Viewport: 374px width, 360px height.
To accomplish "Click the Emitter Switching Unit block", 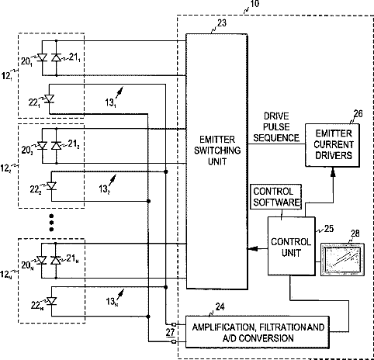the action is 216,161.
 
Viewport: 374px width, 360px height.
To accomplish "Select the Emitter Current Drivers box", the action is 332,145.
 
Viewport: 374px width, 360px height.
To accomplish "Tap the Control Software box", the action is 276,196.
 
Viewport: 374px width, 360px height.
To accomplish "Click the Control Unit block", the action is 291,246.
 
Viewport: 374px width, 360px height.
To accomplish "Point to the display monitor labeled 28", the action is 342,259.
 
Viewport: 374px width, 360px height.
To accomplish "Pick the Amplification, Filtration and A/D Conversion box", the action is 258,332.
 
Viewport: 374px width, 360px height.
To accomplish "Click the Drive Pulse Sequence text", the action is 276,127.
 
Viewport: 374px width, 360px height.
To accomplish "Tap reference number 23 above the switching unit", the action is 222,23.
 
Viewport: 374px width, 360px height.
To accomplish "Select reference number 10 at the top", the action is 255,4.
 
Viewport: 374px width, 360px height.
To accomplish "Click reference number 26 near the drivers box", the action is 358,113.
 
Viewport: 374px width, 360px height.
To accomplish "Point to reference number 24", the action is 220,307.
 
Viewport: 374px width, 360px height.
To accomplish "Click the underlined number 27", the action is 170,333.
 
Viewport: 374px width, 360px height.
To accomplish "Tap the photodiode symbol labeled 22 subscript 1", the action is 49,99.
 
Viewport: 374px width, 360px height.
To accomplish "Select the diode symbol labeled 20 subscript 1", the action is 42,57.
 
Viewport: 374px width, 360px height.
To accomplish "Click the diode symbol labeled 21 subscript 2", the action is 56,146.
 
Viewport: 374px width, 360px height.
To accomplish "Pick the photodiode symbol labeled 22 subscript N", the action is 52,301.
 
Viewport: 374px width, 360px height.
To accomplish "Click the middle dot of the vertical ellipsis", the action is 51,223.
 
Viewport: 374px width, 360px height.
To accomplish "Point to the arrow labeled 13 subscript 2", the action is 113,180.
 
